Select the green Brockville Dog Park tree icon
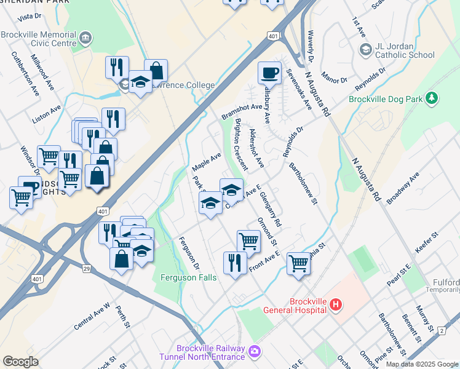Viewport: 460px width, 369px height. [x=432, y=98]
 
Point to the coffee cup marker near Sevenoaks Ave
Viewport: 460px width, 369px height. [x=269, y=74]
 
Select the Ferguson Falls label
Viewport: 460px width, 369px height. [x=188, y=278]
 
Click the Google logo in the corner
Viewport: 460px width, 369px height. [x=20, y=362]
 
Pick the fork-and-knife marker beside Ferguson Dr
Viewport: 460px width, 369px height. [x=235, y=263]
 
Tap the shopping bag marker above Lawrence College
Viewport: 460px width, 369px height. [x=156, y=71]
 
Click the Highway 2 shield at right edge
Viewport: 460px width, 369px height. [x=442, y=331]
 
